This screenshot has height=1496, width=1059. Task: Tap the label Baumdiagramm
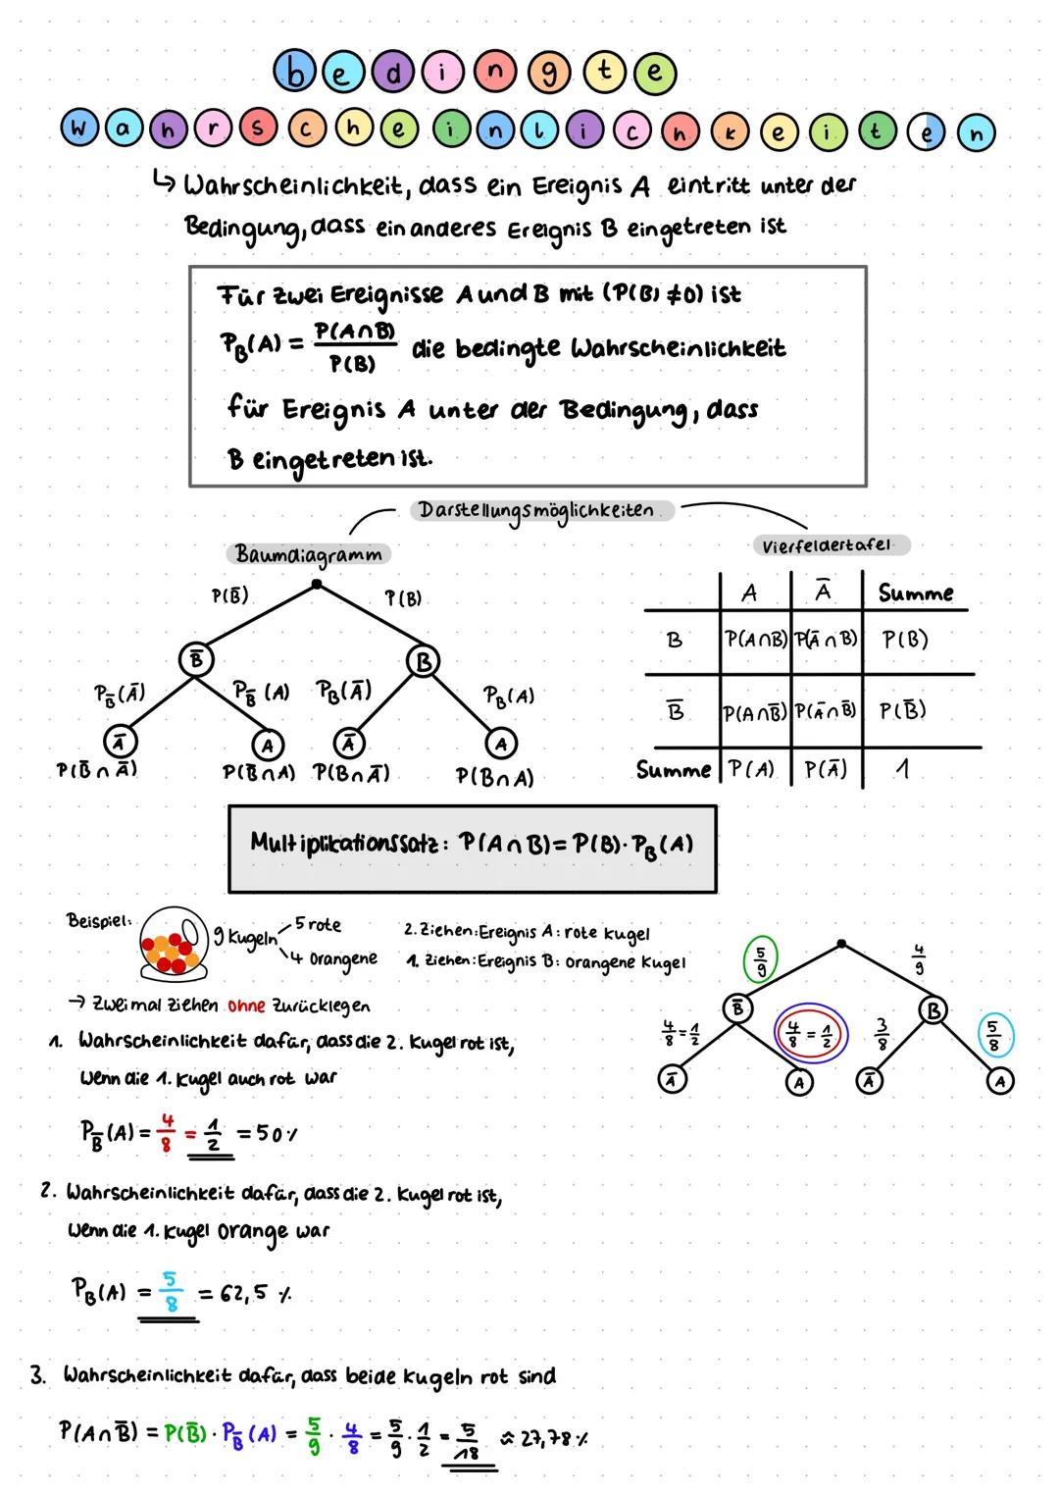pos(309,554)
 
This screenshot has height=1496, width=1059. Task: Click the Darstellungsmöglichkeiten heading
pos(536,511)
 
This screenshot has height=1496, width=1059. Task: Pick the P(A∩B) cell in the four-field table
pos(754,640)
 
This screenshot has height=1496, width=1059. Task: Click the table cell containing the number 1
pos(903,770)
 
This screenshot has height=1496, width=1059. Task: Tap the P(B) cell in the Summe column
pos(904,640)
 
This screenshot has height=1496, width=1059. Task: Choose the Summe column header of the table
pos(915,593)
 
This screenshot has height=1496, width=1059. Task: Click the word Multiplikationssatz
pos(342,843)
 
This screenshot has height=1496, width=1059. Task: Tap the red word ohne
pos(245,1006)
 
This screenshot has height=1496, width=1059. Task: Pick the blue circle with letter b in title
pos(293,72)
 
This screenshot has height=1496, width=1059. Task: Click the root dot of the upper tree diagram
pos(316,585)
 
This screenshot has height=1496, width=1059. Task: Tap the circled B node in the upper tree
pos(424,662)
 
